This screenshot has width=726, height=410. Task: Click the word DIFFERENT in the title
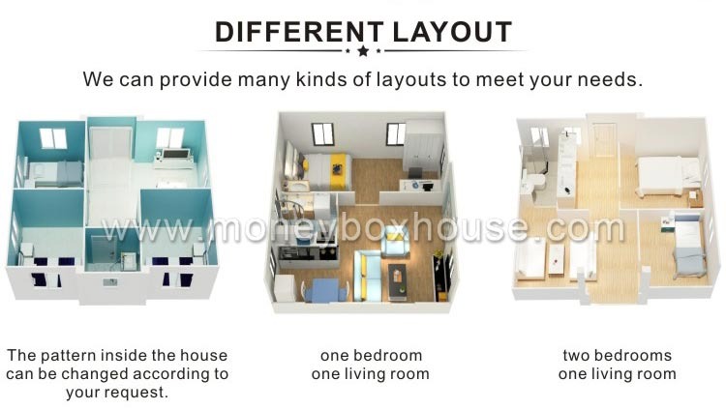click(x=299, y=32)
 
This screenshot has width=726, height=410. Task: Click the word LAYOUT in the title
click(x=452, y=32)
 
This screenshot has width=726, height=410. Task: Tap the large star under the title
click(x=363, y=50)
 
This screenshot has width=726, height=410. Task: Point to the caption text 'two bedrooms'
click(x=618, y=356)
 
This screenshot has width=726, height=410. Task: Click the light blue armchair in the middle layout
click(x=395, y=246)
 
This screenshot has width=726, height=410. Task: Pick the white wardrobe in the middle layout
click(x=422, y=146)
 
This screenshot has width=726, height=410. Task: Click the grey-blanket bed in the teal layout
click(x=55, y=174)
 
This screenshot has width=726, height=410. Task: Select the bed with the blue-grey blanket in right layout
click(x=688, y=247)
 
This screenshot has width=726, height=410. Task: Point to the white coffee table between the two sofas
click(x=556, y=260)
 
